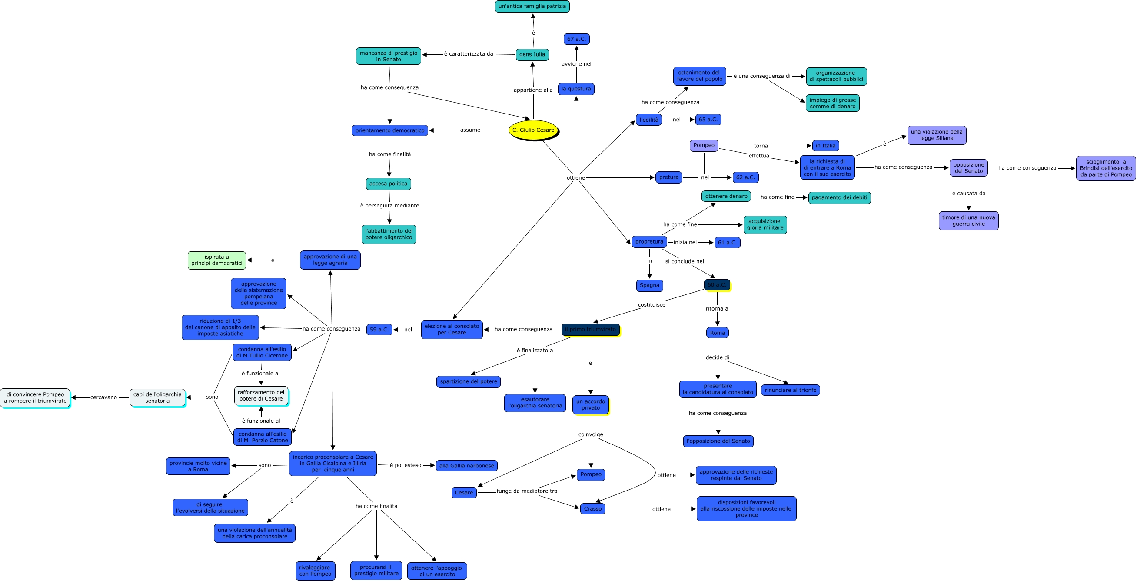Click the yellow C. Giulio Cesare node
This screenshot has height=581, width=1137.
(x=533, y=130)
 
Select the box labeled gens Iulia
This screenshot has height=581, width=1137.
(x=532, y=55)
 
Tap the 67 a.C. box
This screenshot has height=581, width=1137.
(x=576, y=39)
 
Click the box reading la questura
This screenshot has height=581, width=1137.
(x=576, y=89)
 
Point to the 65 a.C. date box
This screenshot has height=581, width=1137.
(x=708, y=120)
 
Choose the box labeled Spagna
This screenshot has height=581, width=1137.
(x=649, y=285)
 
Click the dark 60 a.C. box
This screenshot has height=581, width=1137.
(x=716, y=285)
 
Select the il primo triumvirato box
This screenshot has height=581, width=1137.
(x=590, y=329)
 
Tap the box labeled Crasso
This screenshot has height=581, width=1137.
(x=592, y=509)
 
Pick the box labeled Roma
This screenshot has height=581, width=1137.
(x=717, y=333)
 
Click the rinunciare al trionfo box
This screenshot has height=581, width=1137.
(x=790, y=390)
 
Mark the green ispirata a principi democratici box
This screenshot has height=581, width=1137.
(x=217, y=260)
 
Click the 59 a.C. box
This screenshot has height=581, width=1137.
(x=379, y=329)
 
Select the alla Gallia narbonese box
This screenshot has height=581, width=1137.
(x=466, y=465)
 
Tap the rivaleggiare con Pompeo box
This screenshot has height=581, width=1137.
(x=315, y=571)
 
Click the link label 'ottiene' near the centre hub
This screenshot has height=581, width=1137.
(x=575, y=177)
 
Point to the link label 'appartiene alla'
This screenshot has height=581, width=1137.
(x=533, y=90)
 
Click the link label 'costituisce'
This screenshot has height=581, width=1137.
(x=651, y=304)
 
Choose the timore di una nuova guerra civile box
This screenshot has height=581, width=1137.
(x=968, y=221)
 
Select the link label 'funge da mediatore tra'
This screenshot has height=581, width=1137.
(x=527, y=491)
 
